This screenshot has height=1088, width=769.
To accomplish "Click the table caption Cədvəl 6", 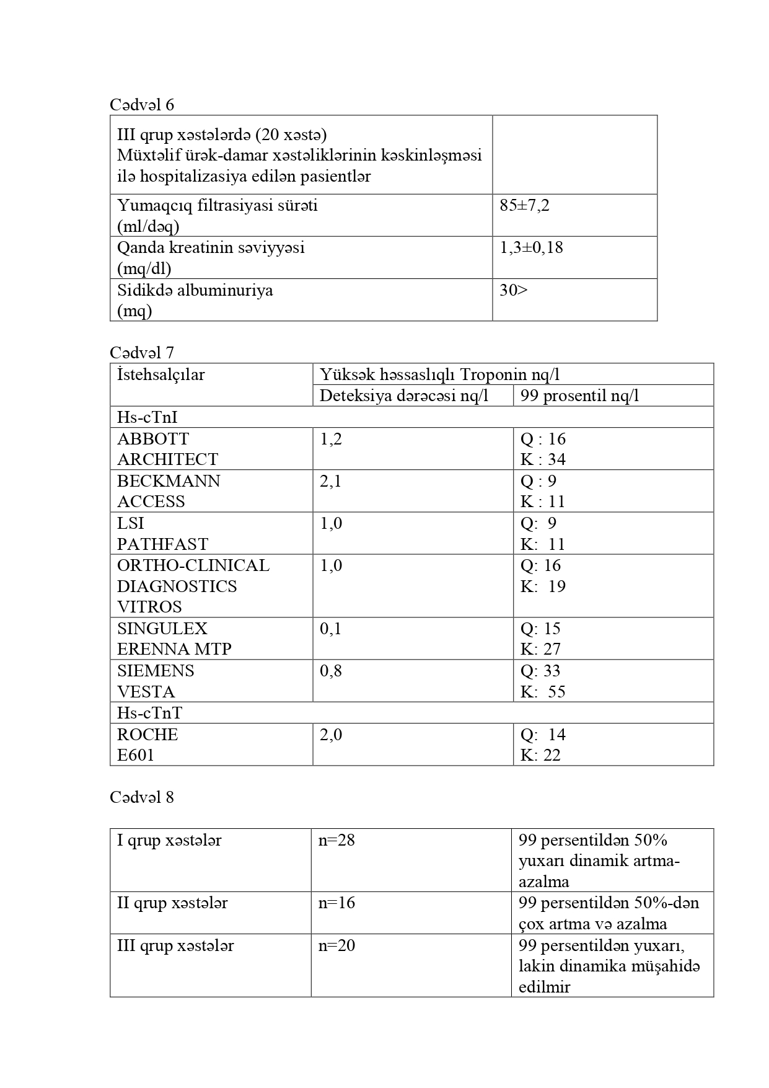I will tap(142, 105).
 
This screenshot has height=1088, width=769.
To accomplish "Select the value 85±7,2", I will tap(524, 205).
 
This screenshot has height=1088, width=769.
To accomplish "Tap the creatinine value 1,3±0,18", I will tap(531, 248).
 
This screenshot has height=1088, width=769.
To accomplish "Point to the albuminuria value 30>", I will tap(513, 290).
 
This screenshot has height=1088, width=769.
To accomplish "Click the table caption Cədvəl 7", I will tap(142, 353).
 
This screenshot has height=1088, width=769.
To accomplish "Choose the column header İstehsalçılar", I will tap(160, 374).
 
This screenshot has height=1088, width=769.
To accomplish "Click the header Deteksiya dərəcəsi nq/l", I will tap(403, 396).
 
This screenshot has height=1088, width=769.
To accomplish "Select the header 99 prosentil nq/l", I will tap(579, 396).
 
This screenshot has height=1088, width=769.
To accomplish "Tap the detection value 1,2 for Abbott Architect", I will tap(331, 439).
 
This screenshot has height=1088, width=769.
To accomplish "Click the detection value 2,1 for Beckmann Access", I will tap(331, 481).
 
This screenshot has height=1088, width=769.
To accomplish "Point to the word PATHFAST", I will tap(162, 544).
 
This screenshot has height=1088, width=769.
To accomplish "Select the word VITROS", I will tap(149, 607).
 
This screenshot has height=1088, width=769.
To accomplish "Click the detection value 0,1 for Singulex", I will tap(331, 629).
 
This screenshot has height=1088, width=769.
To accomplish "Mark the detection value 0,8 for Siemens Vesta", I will tap(331, 671).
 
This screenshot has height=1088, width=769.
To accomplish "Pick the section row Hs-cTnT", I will tap(149, 713).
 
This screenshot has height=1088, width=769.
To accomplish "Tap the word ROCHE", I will tap(147, 735).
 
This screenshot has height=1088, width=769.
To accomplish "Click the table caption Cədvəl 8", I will tap(142, 797).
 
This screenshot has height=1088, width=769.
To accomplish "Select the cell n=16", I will tap(336, 903).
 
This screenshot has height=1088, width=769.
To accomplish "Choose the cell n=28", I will tap(336, 841).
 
